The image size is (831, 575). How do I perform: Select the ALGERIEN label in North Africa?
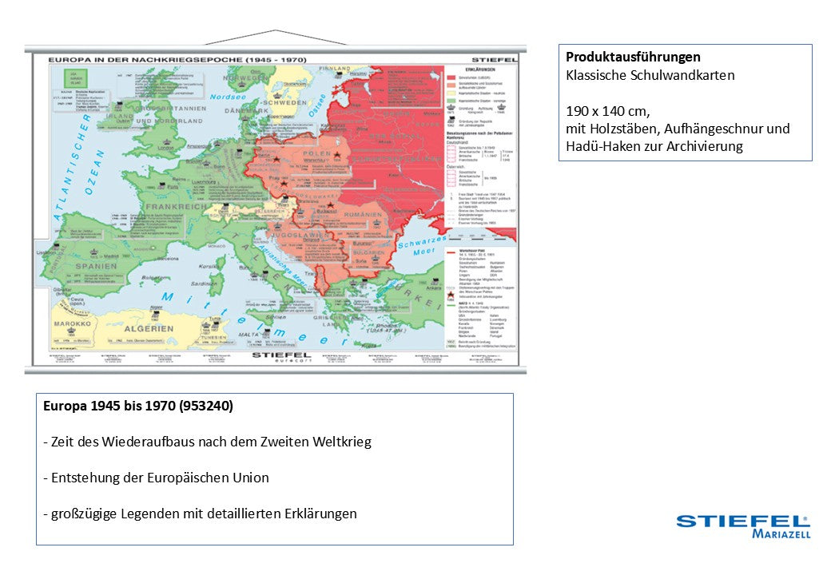[x=148, y=328]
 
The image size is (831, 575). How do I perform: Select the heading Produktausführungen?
[x=633, y=57]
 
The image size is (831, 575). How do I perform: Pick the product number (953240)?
[x=206, y=406]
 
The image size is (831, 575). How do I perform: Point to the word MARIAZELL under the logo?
[x=781, y=534]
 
